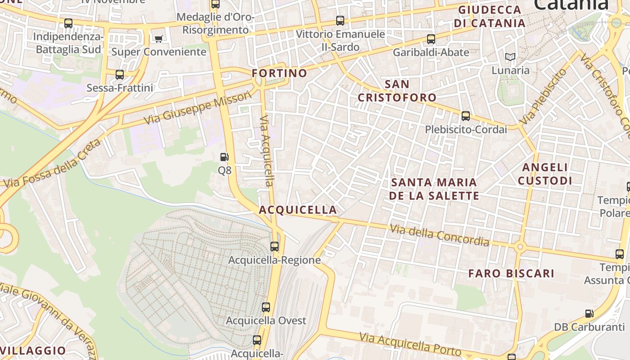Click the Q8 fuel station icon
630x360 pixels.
(x=224, y=157)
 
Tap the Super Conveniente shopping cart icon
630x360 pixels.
(x=158, y=39)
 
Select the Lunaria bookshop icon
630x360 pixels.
(x=510, y=57)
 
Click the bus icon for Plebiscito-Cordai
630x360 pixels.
(x=466, y=116)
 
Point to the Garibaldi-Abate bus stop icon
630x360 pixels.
(x=431, y=39)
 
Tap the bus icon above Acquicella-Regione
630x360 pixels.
(x=274, y=246)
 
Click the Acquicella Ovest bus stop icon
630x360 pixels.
(x=266, y=307)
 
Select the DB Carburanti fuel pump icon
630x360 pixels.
(x=589, y=313)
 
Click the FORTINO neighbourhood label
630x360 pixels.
(x=279, y=73)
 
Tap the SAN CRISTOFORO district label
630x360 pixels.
(x=397, y=91)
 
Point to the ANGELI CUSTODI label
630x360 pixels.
(x=545, y=174)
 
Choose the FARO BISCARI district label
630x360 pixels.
(x=511, y=274)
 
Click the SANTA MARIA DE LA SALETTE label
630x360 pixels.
(x=434, y=189)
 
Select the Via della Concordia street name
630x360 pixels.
(x=439, y=235)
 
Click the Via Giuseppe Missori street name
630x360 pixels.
(x=198, y=108)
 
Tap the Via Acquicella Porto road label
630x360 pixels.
(x=410, y=344)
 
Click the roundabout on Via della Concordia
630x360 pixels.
(x=520, y=246)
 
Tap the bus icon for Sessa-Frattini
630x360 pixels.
(x=120, y=74)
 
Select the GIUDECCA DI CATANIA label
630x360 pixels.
(x=490, y=17)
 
